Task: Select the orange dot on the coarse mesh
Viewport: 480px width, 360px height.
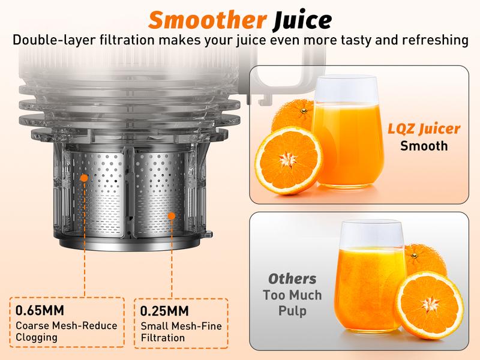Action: click(x=85, y=178)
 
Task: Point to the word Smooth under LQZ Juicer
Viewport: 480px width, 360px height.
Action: click(x=424, y=146)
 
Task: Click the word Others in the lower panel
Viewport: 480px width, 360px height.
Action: click(x=292, y=279)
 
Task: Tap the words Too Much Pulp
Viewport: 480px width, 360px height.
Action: click(x=292, y=303)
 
